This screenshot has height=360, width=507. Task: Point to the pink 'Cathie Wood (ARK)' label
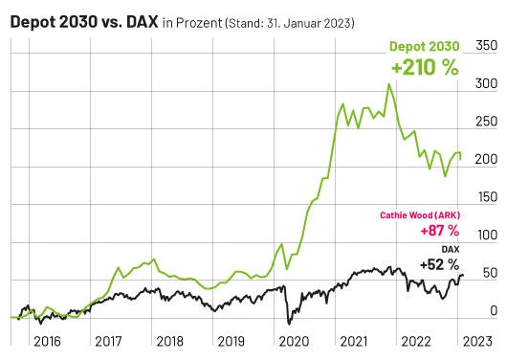[x=418, y=215]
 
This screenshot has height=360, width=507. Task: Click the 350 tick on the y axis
[x=486, y=46]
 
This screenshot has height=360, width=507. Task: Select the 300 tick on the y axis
[x=486, y=84]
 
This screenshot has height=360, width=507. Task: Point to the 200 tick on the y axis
[x=486, y=160]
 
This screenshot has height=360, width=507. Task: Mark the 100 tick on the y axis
[x=486, y=236]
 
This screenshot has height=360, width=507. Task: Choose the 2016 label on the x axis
[x=46, y=340]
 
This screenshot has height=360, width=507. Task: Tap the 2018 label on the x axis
[x=168, y=340]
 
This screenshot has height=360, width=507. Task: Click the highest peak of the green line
[x=388, y=84]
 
